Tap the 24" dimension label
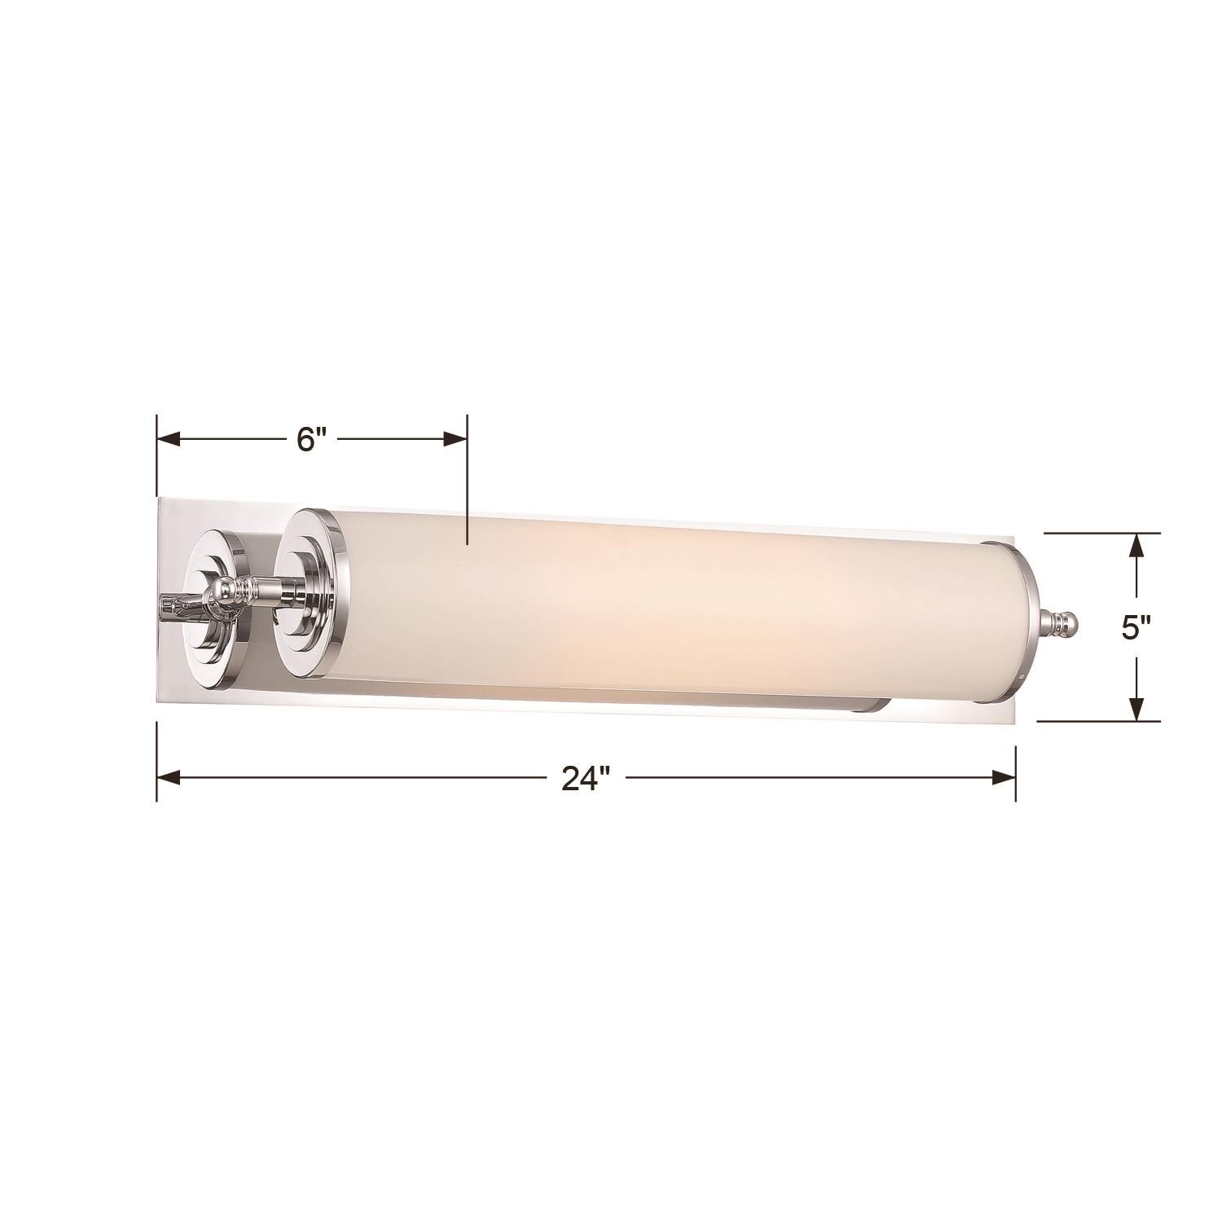coord(585,779)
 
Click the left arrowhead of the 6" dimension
coord(168,439)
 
